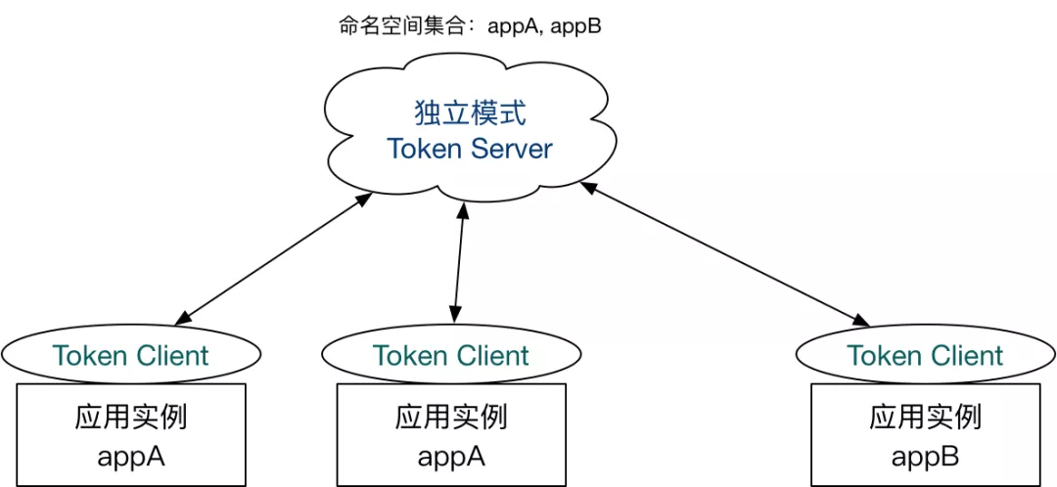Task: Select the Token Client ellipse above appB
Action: tap(925, 356)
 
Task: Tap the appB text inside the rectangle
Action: tap(925, 457)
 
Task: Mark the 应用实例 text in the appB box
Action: tap(925, 418)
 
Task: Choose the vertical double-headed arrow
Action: tap(458, 263)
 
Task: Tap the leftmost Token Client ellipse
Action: tap(131, 356)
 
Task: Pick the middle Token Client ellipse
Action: tap(451, 355)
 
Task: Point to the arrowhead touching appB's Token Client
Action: tap(860, 319)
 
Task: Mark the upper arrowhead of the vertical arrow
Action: tap(462, 209)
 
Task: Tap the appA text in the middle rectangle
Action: tap(451, 457)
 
